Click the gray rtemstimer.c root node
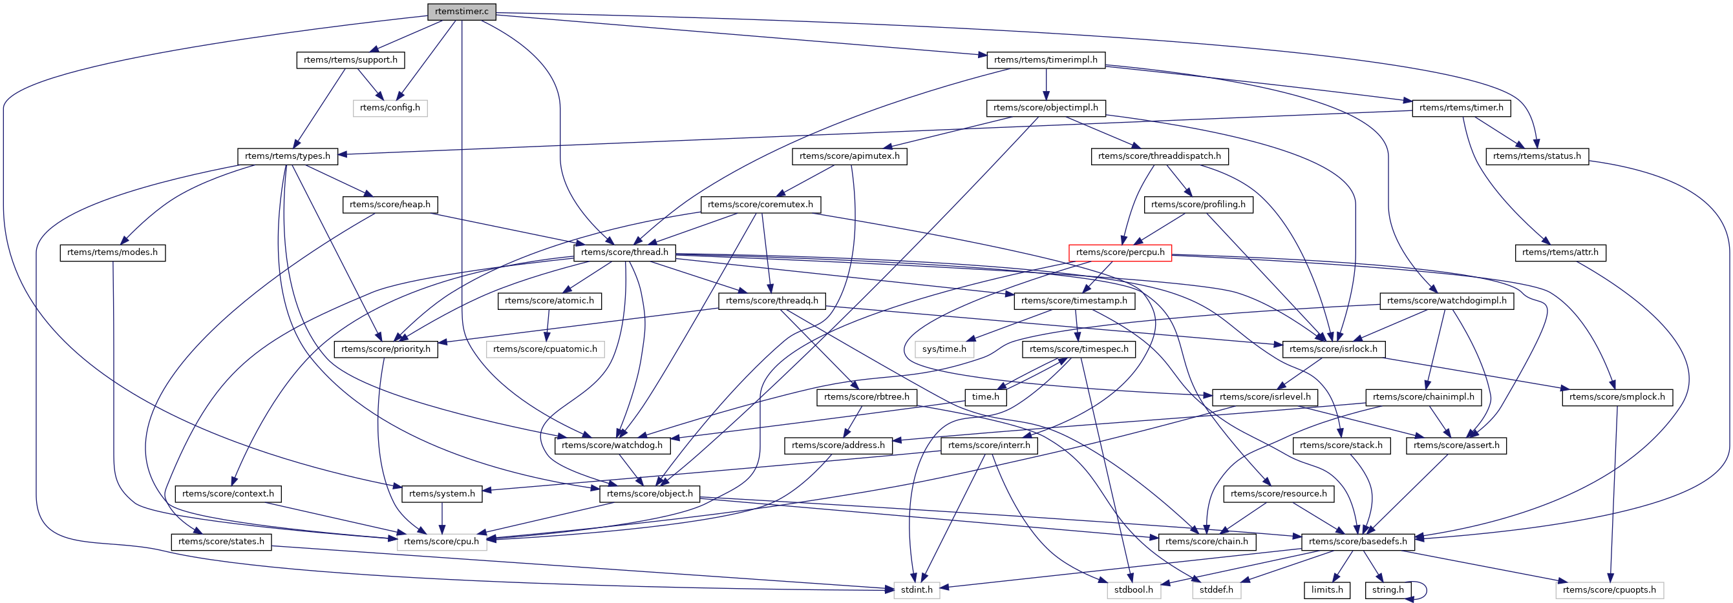click(x=462, y=12)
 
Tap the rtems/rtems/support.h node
click(x=350, y=60)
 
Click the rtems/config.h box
click(x=390, y=108)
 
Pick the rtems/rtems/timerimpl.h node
click(x=1045, y=60)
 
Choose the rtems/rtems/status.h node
click(x=1536, y=156)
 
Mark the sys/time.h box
click(x=944, y=349)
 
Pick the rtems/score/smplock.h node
click(x=1617, y=396)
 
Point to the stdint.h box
click(x=917, y=589)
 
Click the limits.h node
click(x=1326, y=589)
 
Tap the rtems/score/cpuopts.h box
click(x=1610, y=589)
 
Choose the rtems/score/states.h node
click(x=220, y=541)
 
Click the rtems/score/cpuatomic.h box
click(x=545, y=349)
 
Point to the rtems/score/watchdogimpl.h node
click(x=1447, y=300)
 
